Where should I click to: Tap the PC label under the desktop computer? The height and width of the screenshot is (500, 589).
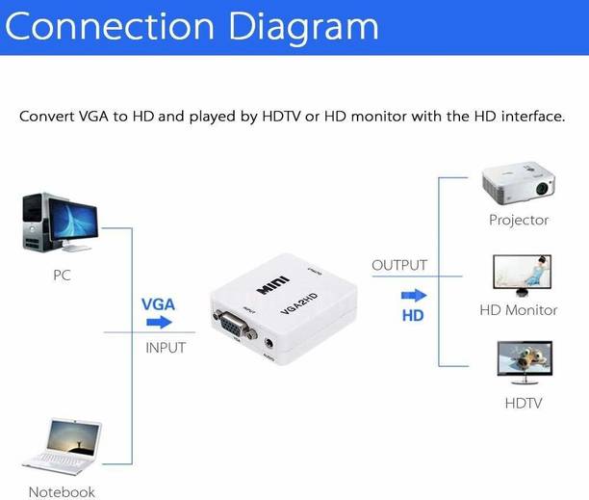coord(62,275)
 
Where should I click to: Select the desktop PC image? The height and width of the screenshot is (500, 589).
coord(58,223)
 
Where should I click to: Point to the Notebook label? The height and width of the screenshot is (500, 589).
coord(62,492)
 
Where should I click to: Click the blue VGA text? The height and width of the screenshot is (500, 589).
coord(158,303)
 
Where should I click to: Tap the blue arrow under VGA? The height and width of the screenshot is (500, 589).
coord(159,323)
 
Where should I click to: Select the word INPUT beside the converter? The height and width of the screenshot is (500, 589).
coord(165,347)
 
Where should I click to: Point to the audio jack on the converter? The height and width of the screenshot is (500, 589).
coord(276,341)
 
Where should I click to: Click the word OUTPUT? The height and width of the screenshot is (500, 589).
coord(398,265)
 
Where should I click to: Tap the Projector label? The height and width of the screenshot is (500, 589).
coord(519,220)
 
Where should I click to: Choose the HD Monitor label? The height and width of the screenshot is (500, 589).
coord(519,310)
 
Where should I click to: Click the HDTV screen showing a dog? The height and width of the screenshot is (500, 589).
coord(520,361)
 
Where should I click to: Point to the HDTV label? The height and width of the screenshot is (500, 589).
coord(523,403)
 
